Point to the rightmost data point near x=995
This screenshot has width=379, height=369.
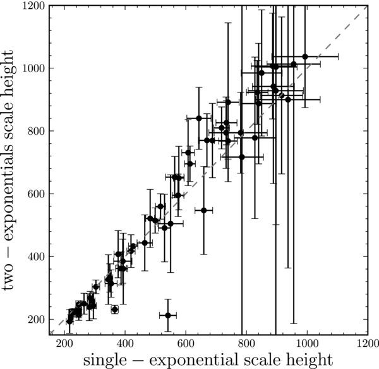click(305, 56)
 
